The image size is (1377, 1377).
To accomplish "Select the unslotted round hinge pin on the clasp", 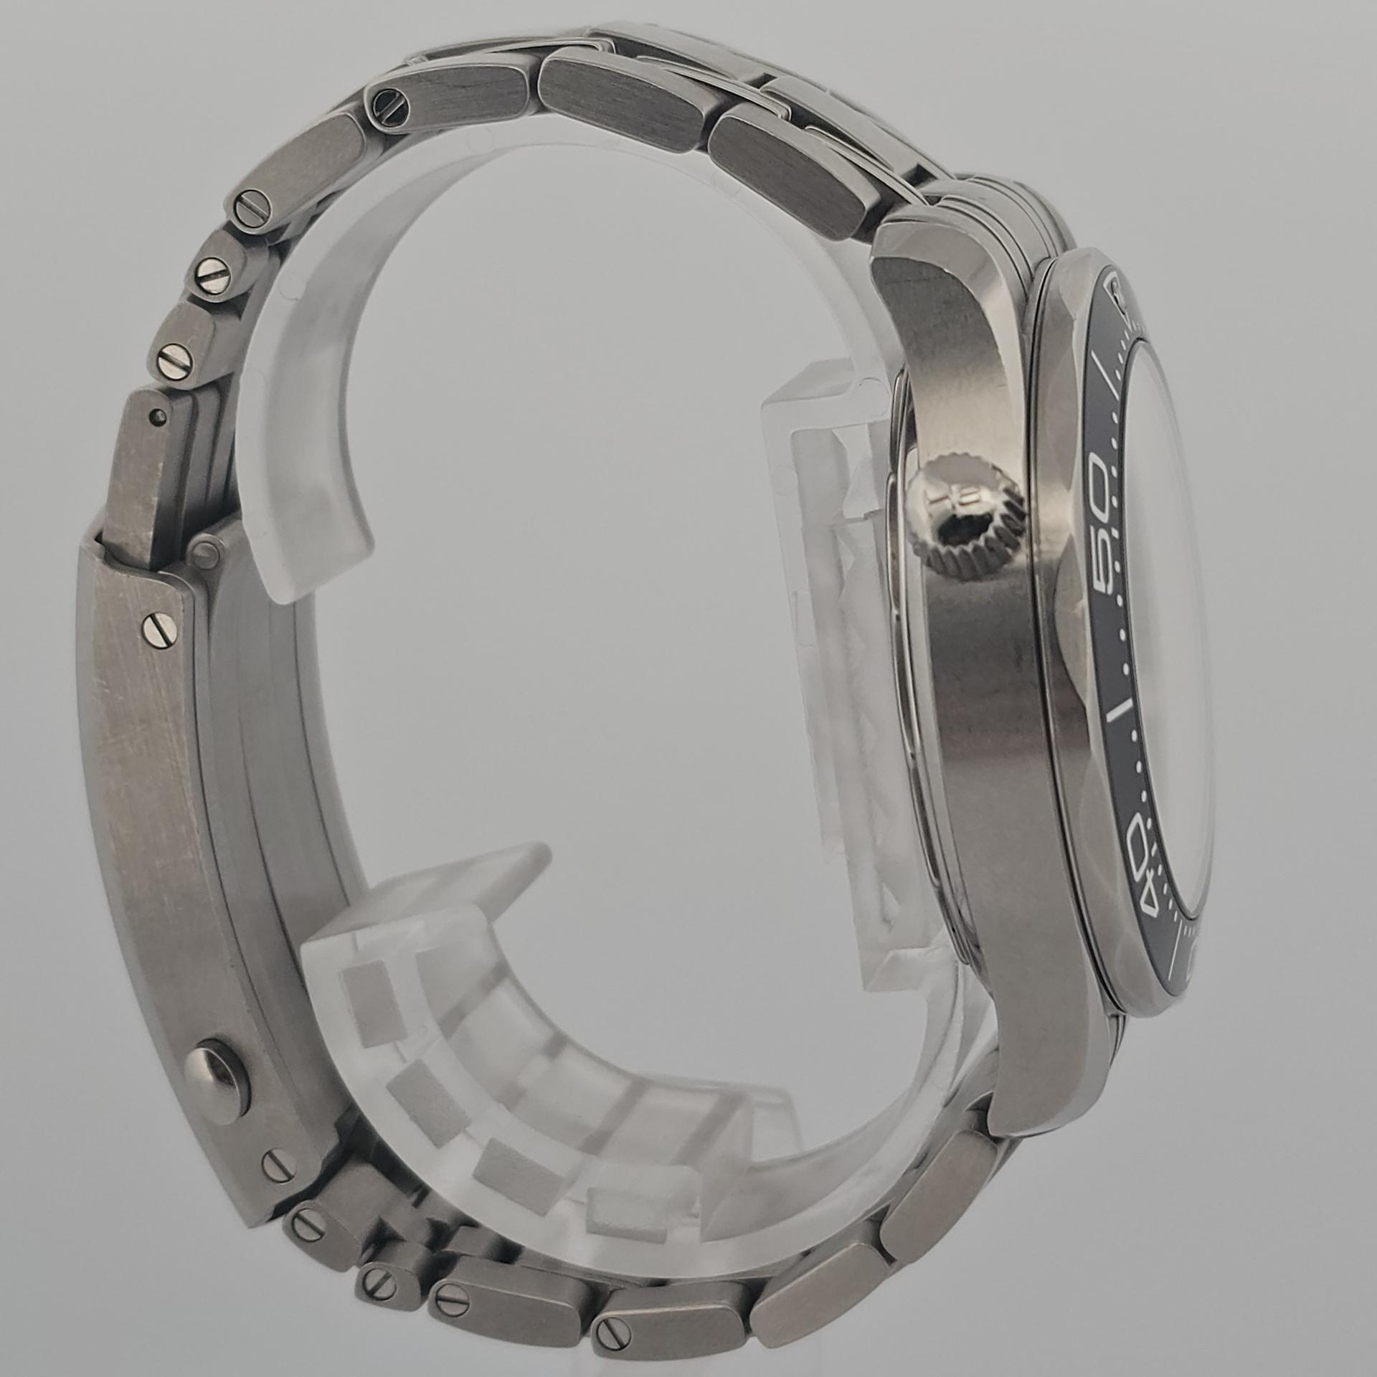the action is [x=207, y=552].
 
